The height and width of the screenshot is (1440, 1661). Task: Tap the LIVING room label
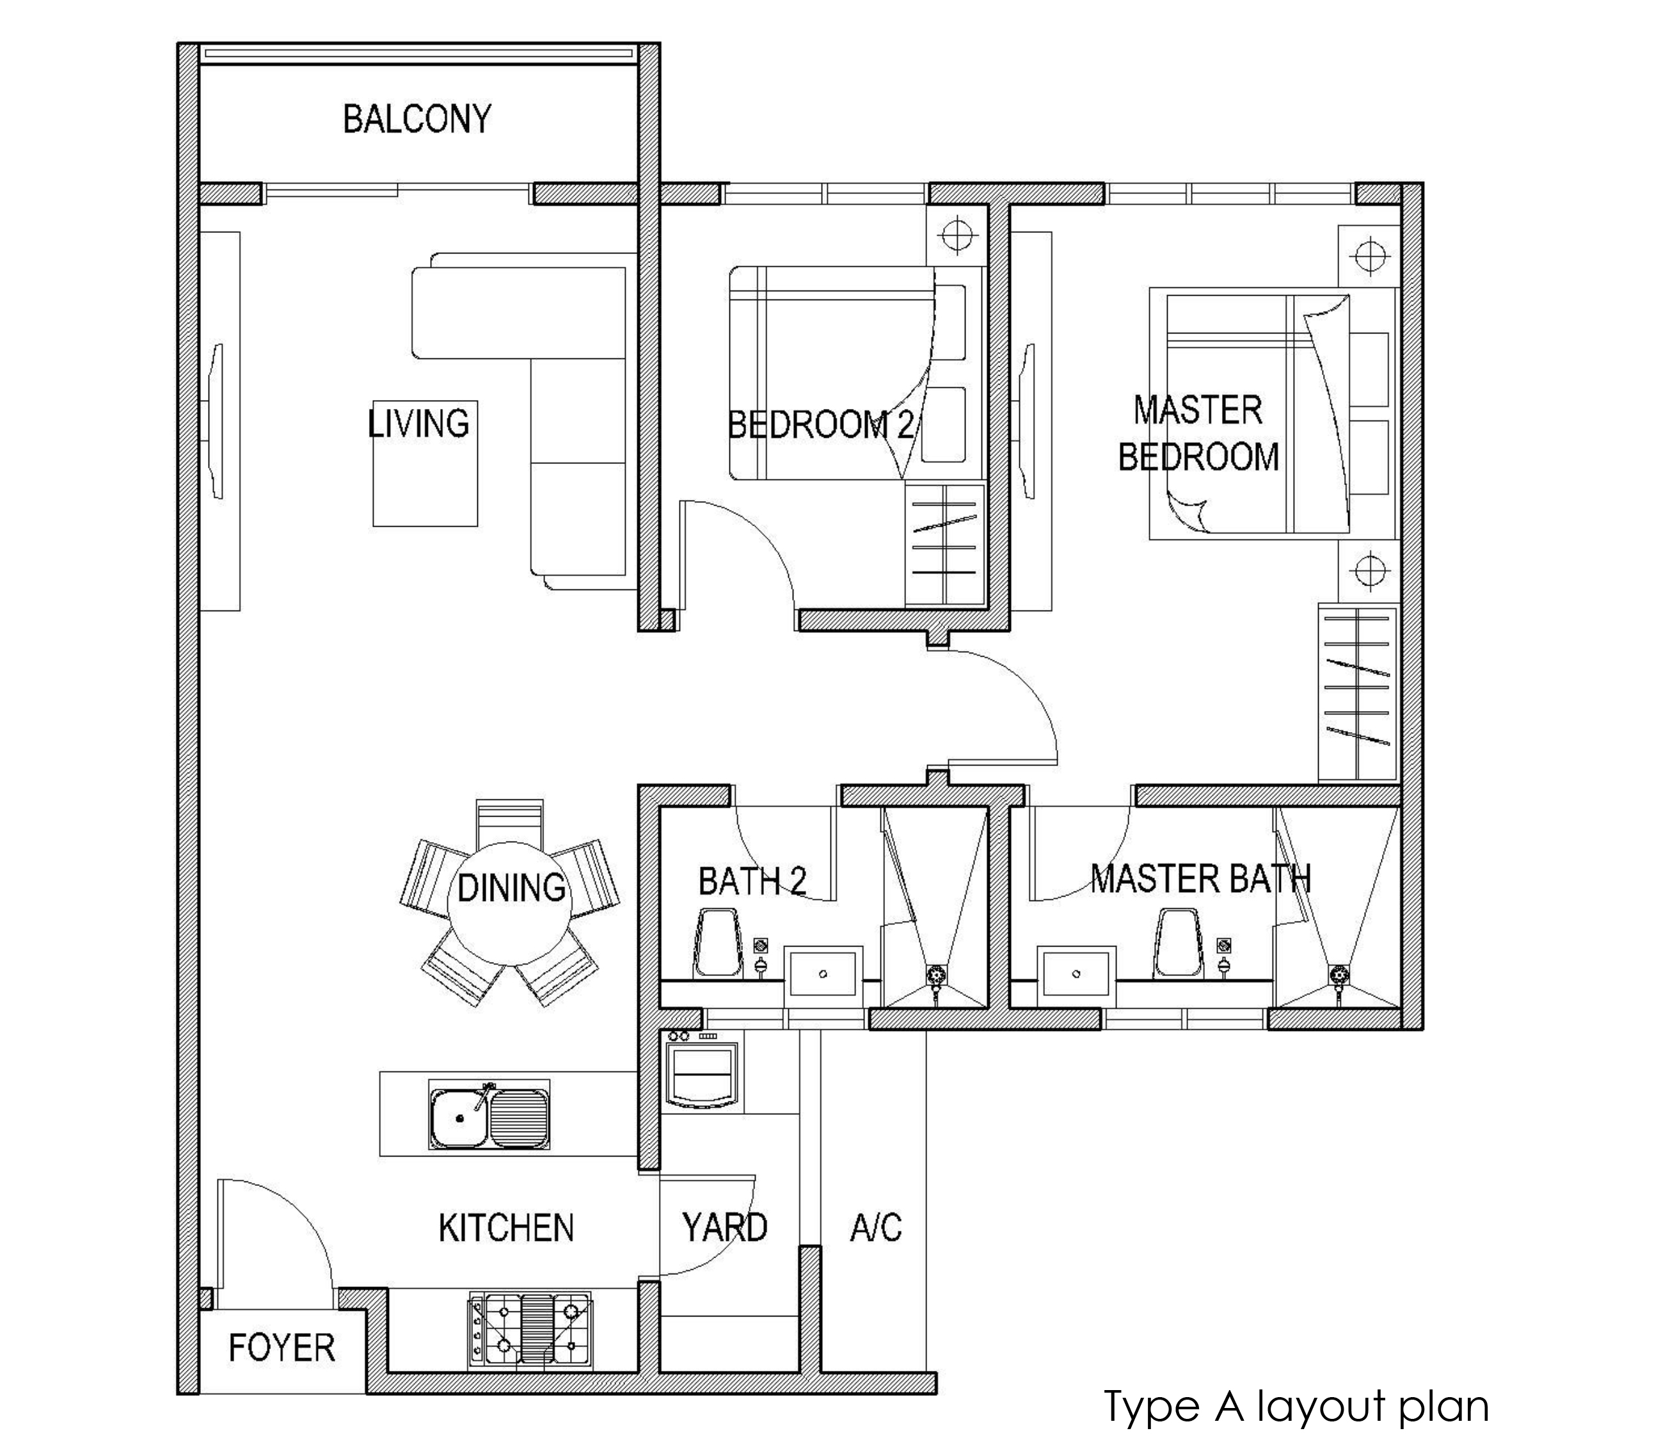tap(418, 424)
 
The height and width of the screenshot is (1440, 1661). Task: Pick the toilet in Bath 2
tap(717, 943)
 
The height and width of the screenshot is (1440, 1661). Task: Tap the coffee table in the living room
tap(425, 463)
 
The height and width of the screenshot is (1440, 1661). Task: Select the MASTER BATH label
tap(1201, 878)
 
